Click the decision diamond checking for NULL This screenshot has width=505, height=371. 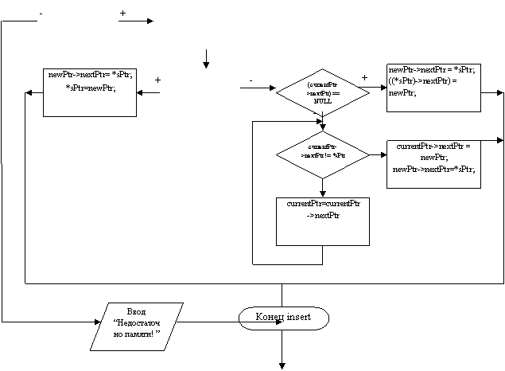pyautogui.click(x=323, y=93)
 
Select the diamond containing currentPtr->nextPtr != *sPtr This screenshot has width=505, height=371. pyautogui.click(x=323, y=154)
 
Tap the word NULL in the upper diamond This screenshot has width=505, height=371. pyautogui.click(x=323, y=102)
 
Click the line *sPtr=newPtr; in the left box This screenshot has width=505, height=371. pyautogui.click(x=91, y=88)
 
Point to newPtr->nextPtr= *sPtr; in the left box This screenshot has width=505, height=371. pyautogui.click(x=91, y=75)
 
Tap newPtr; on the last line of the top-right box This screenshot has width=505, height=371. pyautogui.click(x=402, y=93)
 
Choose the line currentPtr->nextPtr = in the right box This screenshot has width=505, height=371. pyautogui.click(x=433, y=146)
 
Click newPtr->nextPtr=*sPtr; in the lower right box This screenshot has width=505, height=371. pyautogui.click(x=433, y=169)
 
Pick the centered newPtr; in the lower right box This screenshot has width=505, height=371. pyautogui.click(x=433, y=158)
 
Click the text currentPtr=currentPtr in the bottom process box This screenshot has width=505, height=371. pyautogui.click(x=323, y=204)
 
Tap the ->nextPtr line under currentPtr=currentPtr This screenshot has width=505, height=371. pyautogui.click(x=323, y=216)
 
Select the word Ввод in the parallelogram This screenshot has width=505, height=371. pyautogui.click(x=137, y=311)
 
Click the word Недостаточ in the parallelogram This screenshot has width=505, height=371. pyautogui.click(x=137, y=322)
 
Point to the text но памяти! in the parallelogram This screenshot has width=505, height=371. pyautogui.click(x=137, y=334)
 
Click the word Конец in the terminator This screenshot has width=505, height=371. pyautogui.click(x=270, y=317)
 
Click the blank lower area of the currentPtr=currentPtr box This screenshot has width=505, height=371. pyautogui.click(x=323, y=232)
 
